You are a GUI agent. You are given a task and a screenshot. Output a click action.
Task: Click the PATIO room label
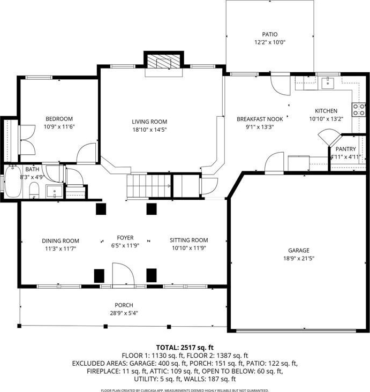(x=270, y=34)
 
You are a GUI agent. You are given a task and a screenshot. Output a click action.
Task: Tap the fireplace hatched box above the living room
(x=163, y=61)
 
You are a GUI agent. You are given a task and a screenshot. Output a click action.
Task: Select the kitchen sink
(x=328, y=83)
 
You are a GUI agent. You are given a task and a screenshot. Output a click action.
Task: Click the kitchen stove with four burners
(x=359, y=110)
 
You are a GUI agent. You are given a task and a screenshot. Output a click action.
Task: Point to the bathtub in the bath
(x=13, y=181)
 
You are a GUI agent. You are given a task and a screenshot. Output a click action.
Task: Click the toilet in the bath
(x=34, y=190)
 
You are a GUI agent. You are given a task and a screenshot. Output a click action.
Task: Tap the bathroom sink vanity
(x=54, y=191)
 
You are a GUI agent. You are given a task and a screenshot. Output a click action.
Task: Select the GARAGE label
(x=299, y=250)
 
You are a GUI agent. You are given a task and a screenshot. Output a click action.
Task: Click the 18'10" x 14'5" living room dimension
(x=149, y=130)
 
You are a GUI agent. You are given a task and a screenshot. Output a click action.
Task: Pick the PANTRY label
(x=345, y=149)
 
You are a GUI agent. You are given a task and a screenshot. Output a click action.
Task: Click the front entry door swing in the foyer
(x=124, y=274)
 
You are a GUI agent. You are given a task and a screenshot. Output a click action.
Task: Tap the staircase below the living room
(x=149, y=186)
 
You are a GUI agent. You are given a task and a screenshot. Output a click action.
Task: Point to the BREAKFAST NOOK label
(x=260, y=119)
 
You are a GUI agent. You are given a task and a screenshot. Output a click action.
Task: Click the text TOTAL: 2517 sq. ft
(x=185, y=348)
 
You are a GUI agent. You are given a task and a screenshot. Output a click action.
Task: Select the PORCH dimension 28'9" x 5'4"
(x=124, y=313)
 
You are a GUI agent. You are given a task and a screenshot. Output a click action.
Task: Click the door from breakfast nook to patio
(x=281, y=85)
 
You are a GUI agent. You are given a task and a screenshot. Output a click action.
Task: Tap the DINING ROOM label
(x=61, y=241)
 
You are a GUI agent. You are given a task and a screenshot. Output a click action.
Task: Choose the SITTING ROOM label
(x=189, y=240)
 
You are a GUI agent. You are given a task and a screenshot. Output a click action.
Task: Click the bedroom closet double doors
(x=27, y=140)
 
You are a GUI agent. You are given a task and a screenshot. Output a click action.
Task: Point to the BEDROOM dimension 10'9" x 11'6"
(x=59, y=127)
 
